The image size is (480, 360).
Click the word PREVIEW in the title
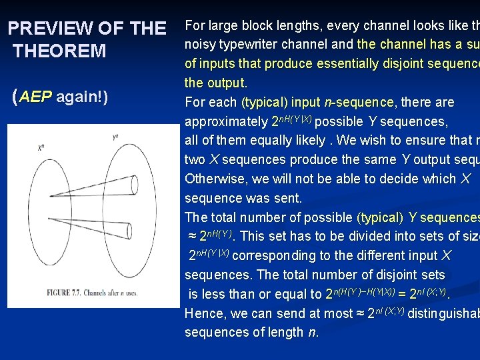(x=50, y=28)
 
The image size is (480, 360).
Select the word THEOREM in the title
(x=59, y=51)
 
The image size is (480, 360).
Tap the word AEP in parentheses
(x=36, y=97)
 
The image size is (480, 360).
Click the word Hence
(x=204, y=313)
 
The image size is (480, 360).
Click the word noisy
(x=199, y=45)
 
